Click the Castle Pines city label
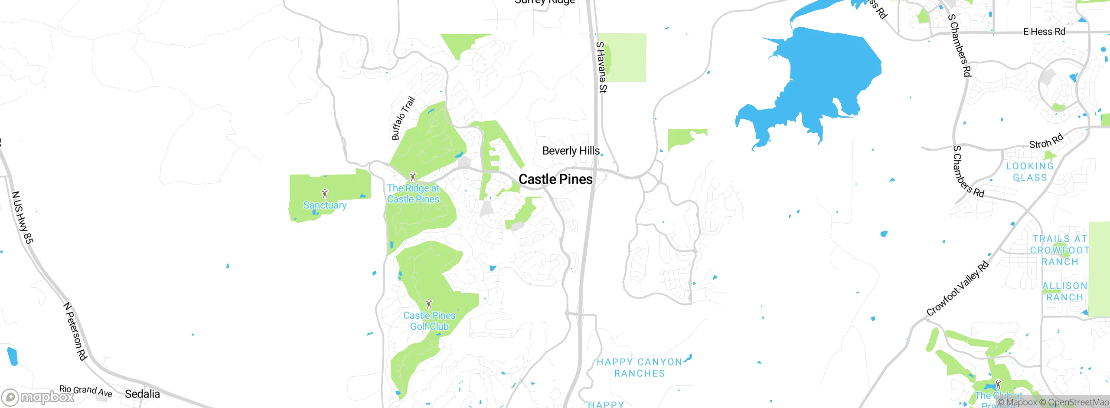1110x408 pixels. (x=555, y=179)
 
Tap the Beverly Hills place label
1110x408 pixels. (x=571, y=151)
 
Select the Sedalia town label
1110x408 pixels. (x=142, y=394)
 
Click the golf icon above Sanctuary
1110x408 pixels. (x=325, y=193)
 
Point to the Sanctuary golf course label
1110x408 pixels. (x=325, y=205)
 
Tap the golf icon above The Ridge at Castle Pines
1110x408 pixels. (x=413, y=176)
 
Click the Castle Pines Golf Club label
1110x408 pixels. (x=429, y=321)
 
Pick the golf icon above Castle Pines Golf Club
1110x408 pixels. (x=429, y=303)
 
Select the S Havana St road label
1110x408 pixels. (x=601, y=67)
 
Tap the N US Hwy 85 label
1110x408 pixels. (x=22, y=217)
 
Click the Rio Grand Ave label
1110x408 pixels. (x=85, y=391)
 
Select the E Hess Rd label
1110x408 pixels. (x=1044, y=32)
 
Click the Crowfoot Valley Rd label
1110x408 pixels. (x=958, y=289)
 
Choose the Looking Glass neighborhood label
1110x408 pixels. (x=1030, y=172)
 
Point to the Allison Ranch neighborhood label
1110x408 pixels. (x=1065, y=292)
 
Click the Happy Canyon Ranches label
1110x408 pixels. (x=640, y=368)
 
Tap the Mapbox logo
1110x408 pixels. (x=38, y=397)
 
